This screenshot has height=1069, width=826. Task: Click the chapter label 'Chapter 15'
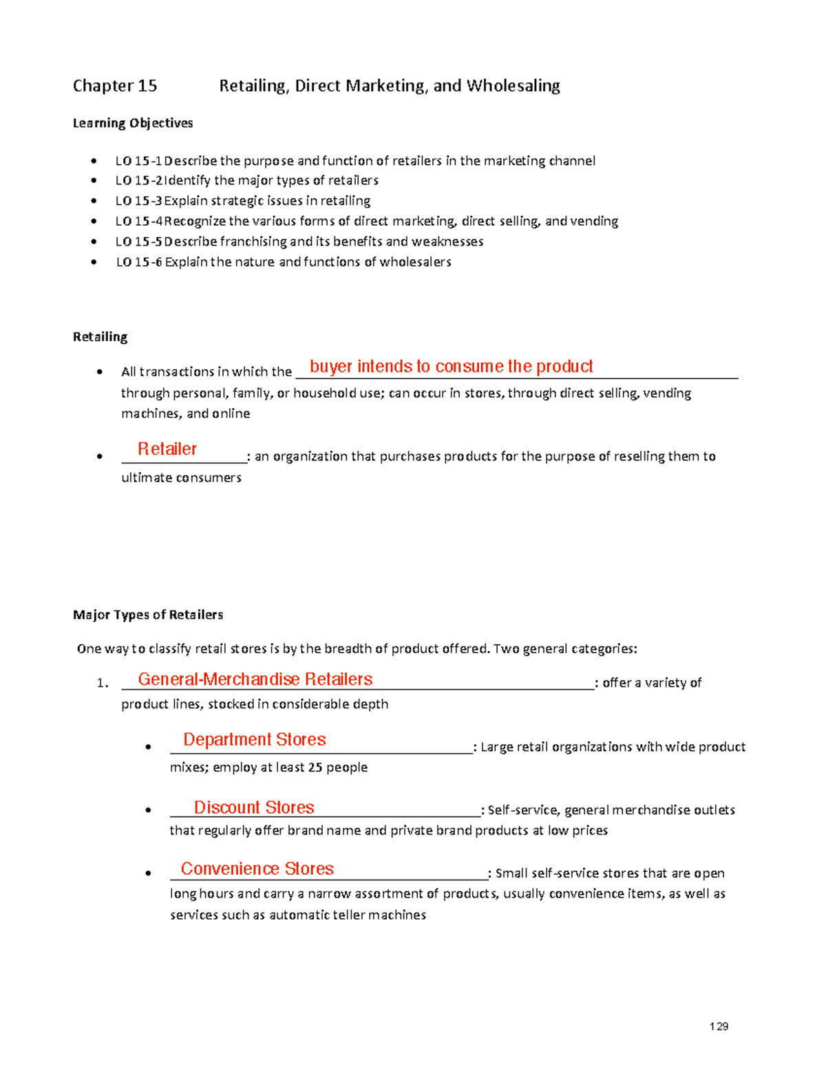(115, 86)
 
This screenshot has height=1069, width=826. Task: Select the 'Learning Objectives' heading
(133, 123)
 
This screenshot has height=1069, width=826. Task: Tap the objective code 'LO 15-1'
(138, 161)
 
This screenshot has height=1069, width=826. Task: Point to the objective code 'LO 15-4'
(138, 222)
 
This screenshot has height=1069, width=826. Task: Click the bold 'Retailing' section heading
(100, 337)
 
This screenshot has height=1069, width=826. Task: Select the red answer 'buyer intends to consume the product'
(451, 367)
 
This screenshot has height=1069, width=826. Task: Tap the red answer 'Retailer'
(167, 449)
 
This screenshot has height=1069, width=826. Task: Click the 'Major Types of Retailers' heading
(148, 615)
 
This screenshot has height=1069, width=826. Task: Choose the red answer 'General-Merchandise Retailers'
(255, 679)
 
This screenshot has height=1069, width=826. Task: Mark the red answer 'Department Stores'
(254, 740)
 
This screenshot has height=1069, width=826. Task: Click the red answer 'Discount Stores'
(254, 807)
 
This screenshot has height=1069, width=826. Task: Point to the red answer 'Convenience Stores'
(257, 869)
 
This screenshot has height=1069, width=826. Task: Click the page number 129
(719, 1026)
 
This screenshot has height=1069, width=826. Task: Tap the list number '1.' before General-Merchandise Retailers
(103, 684)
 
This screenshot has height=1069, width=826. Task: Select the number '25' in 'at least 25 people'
(315, 768)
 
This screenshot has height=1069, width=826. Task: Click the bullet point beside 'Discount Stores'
(148, 811)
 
